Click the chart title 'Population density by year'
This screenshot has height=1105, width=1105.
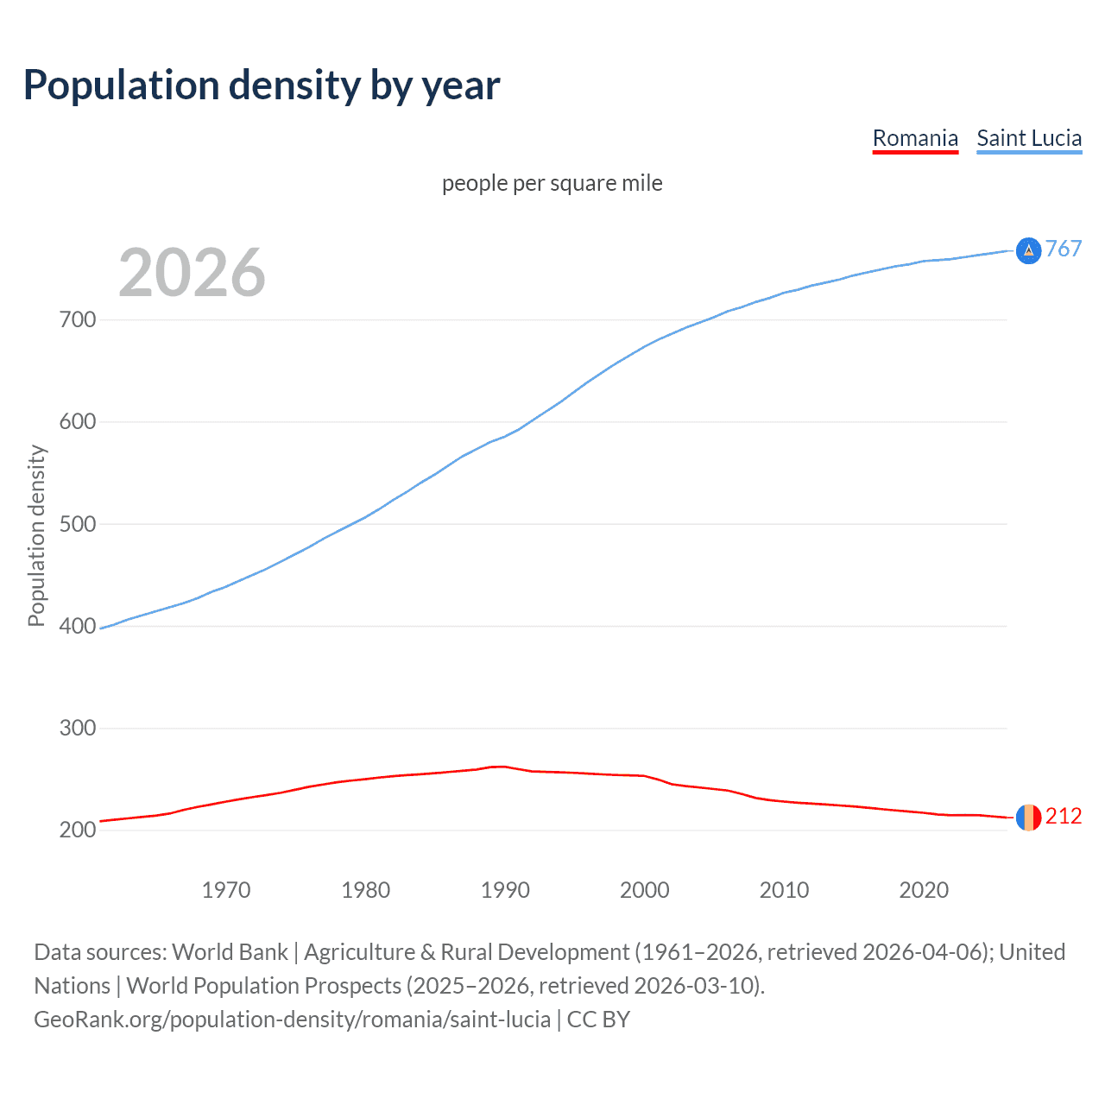[x=262, y=85]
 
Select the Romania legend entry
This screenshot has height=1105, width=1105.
[x=915, y=138]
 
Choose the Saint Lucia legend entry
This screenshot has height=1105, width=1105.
[x=1029, y=138]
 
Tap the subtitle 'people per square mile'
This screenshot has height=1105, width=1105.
[x=552, y=183]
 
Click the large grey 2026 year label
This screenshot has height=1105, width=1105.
[x=192, y=273]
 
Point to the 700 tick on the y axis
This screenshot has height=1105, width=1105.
[x=78, y=320]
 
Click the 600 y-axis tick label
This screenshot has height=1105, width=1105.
[x=78, y=422]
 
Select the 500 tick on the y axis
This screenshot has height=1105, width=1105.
[x=78, y=524]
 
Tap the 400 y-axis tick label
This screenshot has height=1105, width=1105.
[x=78, y=626]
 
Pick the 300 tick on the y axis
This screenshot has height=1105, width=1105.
[x=78, y=728]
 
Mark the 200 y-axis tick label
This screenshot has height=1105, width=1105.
[x=78, y=830]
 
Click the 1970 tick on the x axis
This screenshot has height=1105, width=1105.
[x=226, y=890]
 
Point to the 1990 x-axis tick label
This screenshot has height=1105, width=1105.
[x=505, y=890]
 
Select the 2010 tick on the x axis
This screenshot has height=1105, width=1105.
[x=784, y=890]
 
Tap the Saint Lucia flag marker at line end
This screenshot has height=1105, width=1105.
[x=1028, y=250]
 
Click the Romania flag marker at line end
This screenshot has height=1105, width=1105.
[x=1028, y=817]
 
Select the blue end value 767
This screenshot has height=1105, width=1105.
[x=1064, y=249]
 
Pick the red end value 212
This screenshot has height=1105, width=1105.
[x=1064, y=816]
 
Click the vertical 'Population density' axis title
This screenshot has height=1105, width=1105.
[x=36, y=535]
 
